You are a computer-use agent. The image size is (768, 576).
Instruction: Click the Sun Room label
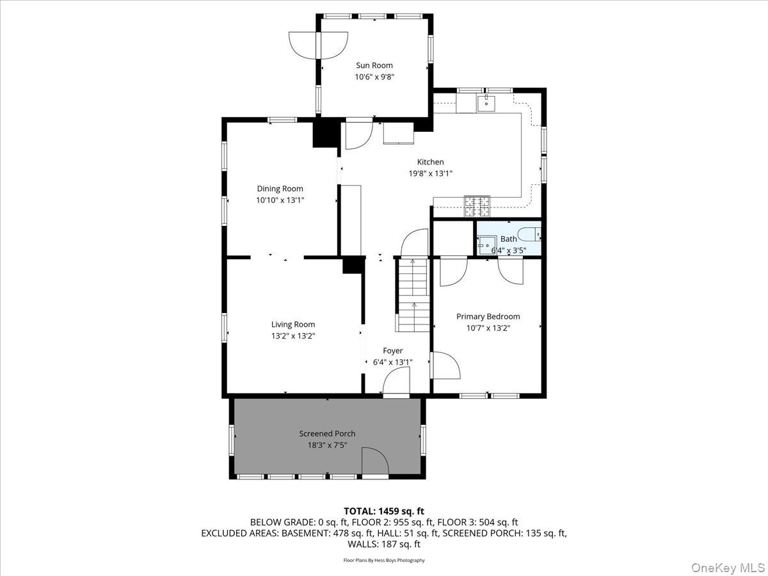[374, 65]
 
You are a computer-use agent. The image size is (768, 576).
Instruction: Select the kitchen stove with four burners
[476, 205]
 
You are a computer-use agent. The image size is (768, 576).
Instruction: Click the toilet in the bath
[530, 234]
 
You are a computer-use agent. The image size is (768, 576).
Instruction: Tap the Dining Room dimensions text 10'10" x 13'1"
[280, 200]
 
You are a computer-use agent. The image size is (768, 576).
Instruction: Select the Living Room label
[293, 324]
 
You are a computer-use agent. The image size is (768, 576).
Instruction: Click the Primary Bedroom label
[488, 316]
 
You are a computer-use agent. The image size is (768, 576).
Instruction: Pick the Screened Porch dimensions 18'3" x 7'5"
[327, 445]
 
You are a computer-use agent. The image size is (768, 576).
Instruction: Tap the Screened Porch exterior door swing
[375, 462]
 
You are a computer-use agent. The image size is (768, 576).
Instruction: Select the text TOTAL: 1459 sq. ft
[384, 511]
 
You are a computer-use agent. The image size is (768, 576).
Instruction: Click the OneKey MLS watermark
[727, 567]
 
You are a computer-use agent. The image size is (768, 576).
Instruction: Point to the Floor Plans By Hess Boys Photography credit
[384, 560]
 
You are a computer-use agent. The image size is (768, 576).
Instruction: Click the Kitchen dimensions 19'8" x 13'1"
[430, 173]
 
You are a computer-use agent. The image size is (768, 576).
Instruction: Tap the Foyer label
[393, 351]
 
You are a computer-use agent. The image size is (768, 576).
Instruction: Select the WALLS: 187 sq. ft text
[384, 545]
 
